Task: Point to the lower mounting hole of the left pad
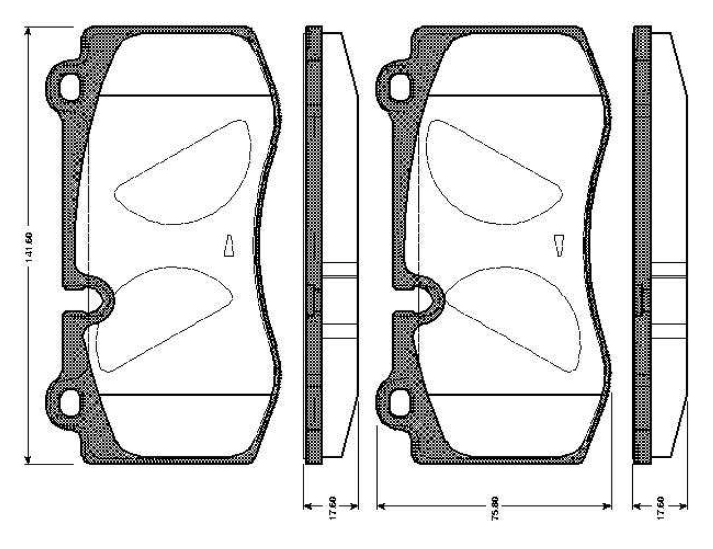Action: click(70, 401)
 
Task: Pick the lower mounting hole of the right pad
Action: click(400, 401)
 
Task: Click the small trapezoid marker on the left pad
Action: click(228, 246)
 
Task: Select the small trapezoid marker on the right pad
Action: click(559, 246)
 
